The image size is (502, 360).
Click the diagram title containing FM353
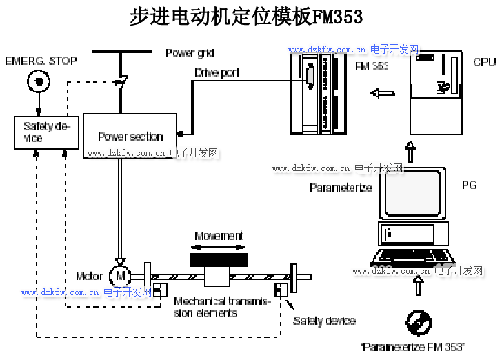tap(246, 17)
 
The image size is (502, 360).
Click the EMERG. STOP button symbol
tap(39, 83)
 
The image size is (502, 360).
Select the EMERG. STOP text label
tap(41, 61)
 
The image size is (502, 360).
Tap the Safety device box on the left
tap(46, 132)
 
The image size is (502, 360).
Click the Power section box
tap(130, 136)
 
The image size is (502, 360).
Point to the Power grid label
tap(190, 53)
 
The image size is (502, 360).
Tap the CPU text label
tap(484, 62)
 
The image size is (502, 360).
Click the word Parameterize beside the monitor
tap(341, 188)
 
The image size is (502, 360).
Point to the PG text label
tap(469, 185)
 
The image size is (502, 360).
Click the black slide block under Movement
tap(219, 260)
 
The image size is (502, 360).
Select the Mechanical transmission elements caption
tap(222, 307)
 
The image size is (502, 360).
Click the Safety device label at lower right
tap(324, 321)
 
